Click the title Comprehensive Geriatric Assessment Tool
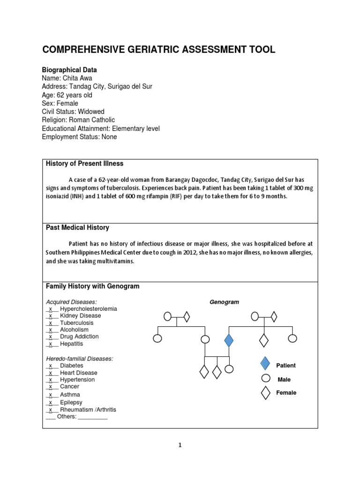[x=159, y=50]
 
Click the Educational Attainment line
[x=101, y=128]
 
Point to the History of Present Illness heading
[x=85, y=163]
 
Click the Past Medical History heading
[x=77, y=227]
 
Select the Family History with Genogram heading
[x=92, y=286]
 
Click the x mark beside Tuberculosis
[x=51, y=323]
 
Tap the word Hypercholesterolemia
[x=89, y=309]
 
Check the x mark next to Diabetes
[x=51, y=366]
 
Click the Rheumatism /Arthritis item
[x=88, y=409]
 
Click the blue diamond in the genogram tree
[x=229, y=340]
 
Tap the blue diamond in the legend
[x=265, y=364]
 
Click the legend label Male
[x=285, y=379]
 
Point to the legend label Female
[x=286, y=393]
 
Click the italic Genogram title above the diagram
[x=224, y=302]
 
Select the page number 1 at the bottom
[x=180, y=446]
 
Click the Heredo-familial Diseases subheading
[x=79, y=359]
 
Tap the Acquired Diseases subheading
[x=71, y=302]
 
